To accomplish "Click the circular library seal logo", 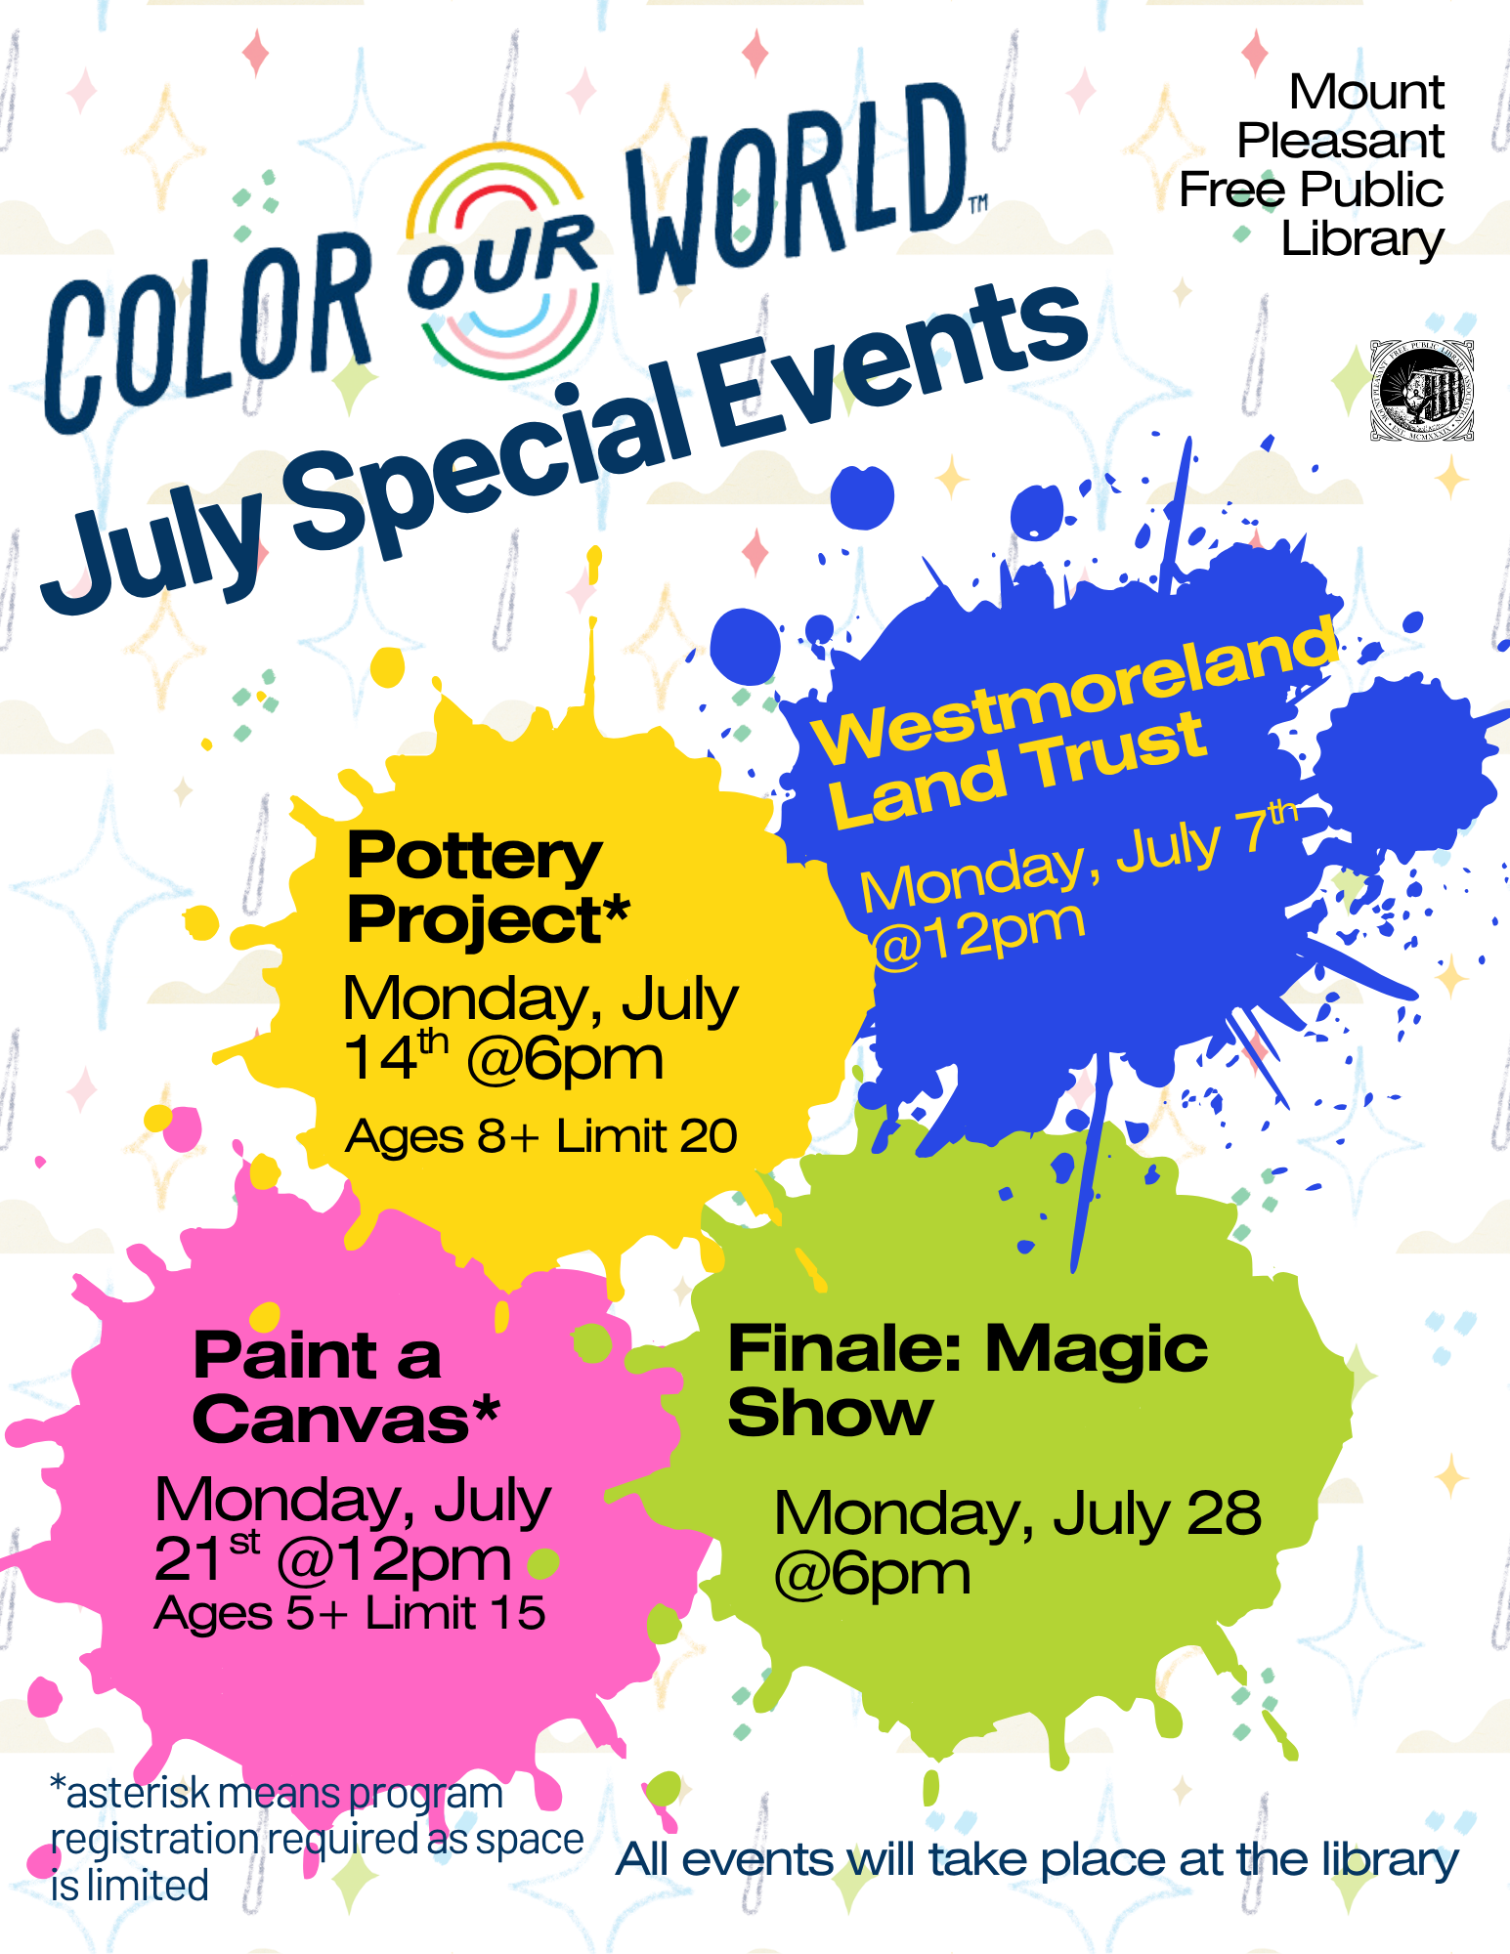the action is [1422, 391].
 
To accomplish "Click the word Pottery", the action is [474, 857].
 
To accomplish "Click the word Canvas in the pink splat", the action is [331, 1419].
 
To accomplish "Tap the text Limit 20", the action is [647, 1136].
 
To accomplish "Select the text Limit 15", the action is [455, 1612].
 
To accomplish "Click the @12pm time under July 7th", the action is [977, 935].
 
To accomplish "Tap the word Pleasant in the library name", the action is [1340, 141].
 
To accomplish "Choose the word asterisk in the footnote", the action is [138, 1794].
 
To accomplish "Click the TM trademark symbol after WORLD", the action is [978, 203].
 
